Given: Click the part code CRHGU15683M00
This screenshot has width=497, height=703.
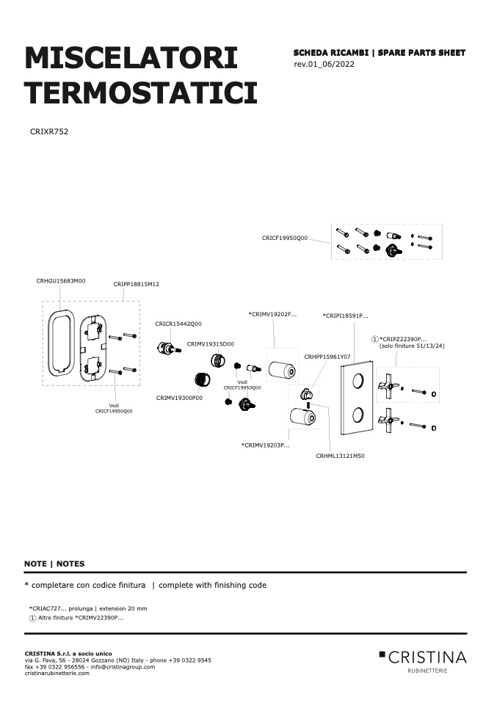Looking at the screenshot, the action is tap(60, 281).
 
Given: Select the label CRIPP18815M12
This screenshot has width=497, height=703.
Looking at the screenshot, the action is tap(136, 284).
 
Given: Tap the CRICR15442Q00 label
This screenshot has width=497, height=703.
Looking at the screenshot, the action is tap(178, 324).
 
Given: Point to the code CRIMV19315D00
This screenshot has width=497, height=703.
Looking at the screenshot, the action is tap(211, 344).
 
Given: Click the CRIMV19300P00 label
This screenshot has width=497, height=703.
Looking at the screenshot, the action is tap(179, 398).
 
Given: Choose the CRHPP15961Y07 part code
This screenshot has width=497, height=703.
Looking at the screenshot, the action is tap(327, 357).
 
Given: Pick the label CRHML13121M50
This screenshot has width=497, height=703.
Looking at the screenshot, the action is tap(340, 456).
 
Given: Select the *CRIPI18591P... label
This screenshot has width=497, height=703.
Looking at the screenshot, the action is tap(345, 316).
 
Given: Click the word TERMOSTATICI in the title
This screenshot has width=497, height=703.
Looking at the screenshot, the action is tap(141, 92).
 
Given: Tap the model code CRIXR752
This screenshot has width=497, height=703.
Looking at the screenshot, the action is tap(49, 132).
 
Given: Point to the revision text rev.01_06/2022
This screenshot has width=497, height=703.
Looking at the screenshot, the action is tap(324, 64).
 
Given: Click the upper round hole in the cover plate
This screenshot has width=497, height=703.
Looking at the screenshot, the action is tap(358, 381).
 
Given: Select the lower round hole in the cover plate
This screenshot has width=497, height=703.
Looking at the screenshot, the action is tap(358, 415).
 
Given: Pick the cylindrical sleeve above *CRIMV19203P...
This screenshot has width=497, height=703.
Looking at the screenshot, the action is tap(302, 417).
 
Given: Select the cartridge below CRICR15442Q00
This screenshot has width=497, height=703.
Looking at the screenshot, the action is tap(169, 348).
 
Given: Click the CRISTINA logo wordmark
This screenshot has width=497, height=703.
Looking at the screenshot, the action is tap(427, 658).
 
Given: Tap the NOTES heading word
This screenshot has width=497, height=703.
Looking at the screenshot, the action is tap(70, 564).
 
